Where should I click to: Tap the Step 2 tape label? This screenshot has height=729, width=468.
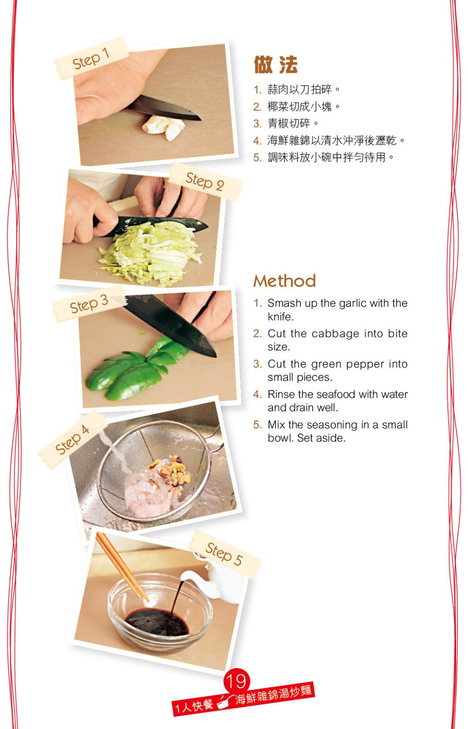coord(205,181)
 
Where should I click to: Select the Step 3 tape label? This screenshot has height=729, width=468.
coord(89,304)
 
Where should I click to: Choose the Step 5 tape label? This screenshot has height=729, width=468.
coord(224,554)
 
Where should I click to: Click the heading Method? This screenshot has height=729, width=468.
coord(284,281)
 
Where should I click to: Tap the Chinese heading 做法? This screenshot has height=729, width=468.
coord(276,64)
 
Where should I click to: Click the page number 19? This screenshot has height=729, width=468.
coord(237,681)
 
